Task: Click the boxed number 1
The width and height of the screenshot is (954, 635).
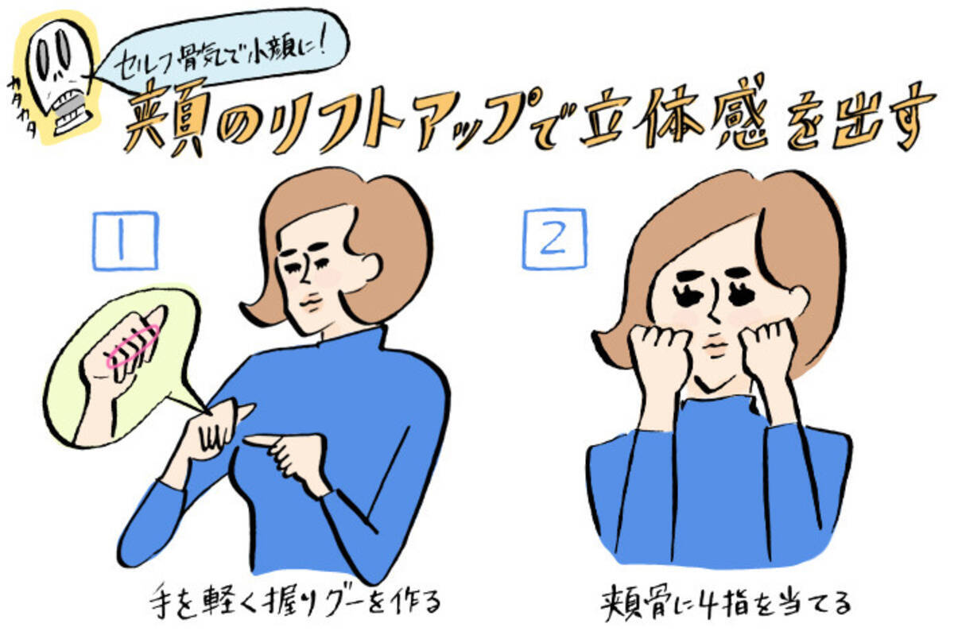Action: click(126, 241)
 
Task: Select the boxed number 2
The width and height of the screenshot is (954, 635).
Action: click(555, 239)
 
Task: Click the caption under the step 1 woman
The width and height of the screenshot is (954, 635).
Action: click(295, 601)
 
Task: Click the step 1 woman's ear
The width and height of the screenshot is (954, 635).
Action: click(367, 266)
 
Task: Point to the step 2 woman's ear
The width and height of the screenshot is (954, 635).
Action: click(796, 300)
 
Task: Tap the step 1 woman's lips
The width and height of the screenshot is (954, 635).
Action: click(311, 303)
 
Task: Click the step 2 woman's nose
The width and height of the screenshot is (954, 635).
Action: click(714, 308)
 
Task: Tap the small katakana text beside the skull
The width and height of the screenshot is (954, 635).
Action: click(23, 107)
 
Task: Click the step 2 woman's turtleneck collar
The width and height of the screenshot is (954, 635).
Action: click(719, 410)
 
